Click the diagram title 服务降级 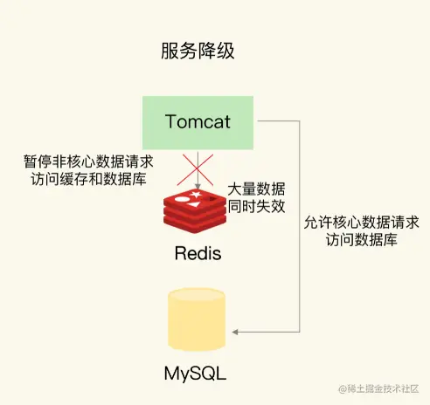coord(197,51)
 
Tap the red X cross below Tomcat coord(198,168)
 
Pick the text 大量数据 coord(256,189)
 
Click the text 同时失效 coord(256,208)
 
